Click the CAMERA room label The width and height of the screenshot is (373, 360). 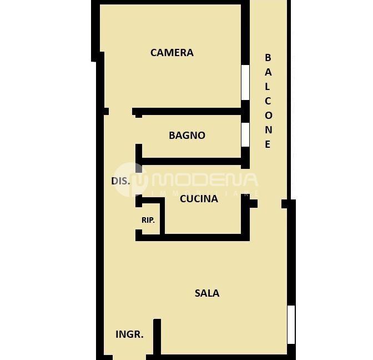172,53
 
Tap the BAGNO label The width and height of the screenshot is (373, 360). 187,136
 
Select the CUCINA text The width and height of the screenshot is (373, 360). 199,199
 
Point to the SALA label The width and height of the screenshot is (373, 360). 207,293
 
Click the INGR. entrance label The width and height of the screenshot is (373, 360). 129,334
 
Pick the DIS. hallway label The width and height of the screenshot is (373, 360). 120,181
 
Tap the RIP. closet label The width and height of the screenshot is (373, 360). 148,220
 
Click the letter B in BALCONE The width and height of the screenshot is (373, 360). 268,57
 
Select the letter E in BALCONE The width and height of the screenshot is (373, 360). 268,144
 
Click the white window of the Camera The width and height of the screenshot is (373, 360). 245,82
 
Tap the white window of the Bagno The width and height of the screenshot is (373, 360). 245,134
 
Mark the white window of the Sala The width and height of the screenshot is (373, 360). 291,325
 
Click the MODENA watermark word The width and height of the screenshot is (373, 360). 205,180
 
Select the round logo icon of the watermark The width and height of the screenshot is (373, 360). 130,179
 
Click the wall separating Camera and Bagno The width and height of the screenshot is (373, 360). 186,112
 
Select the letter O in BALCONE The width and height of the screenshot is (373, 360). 268,116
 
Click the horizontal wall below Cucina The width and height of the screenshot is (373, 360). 193,237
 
